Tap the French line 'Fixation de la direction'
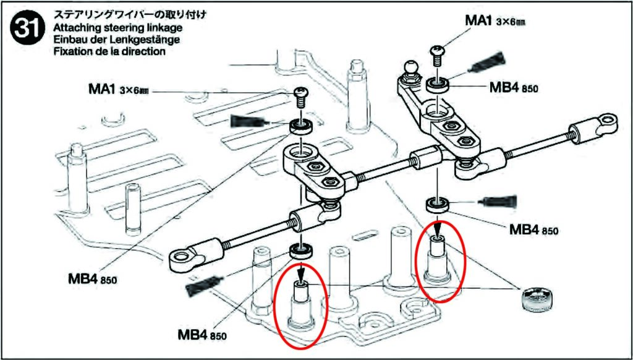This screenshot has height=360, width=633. click(109, 52)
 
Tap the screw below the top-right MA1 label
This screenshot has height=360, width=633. click(438, 54)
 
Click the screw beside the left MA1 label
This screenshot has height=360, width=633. click(301, 95)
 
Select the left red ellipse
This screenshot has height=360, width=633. click(301, 304)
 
